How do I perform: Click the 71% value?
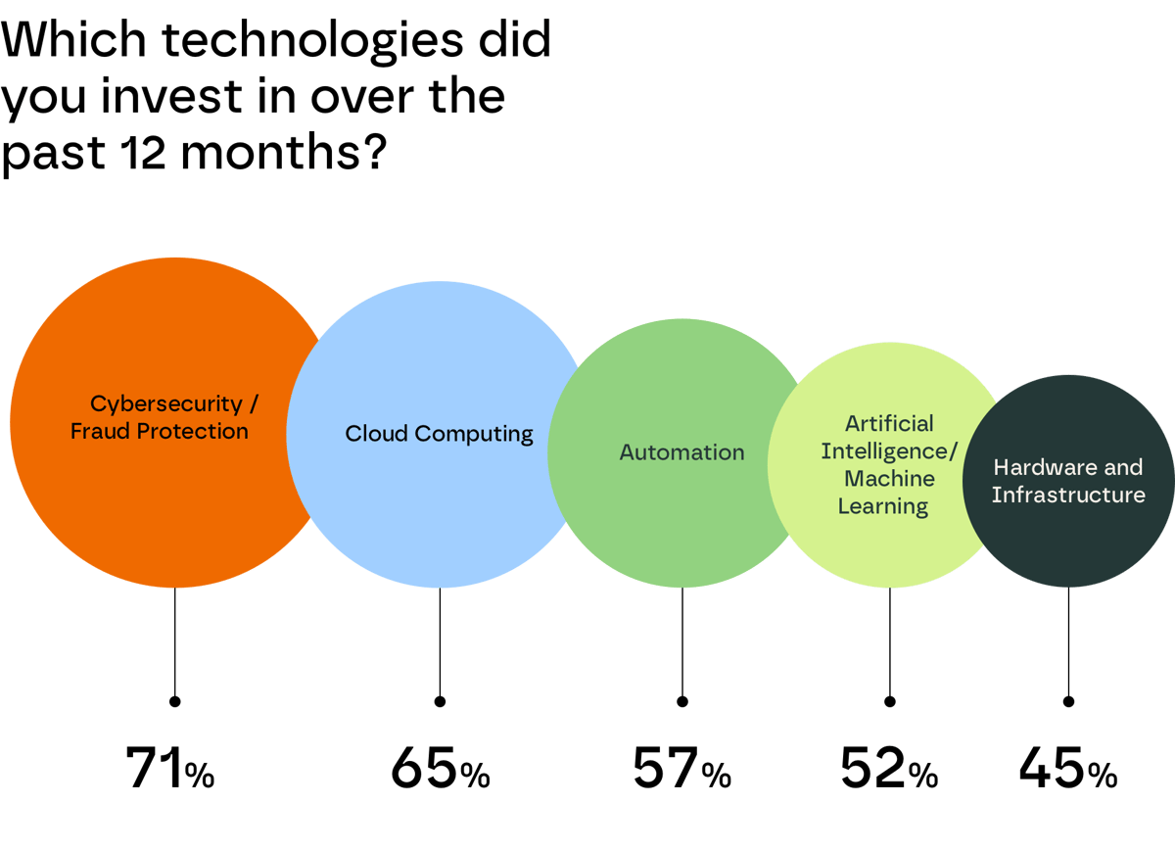(169, 769)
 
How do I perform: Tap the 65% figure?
(440, 769)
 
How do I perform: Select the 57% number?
(681, 769)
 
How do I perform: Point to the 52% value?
(889, 769)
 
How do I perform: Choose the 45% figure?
(1067, 769)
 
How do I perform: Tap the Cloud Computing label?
(439, 433)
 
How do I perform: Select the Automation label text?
(681, 452)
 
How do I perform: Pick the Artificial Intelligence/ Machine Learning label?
(889, 464)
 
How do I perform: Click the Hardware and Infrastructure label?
(1068, 481)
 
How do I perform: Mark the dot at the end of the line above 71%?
(174, 701)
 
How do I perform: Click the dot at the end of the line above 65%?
(440, 701)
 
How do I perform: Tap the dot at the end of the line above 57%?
(682, 701)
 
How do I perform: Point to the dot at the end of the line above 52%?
(890, 701)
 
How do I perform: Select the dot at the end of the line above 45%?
(1068, 701)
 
